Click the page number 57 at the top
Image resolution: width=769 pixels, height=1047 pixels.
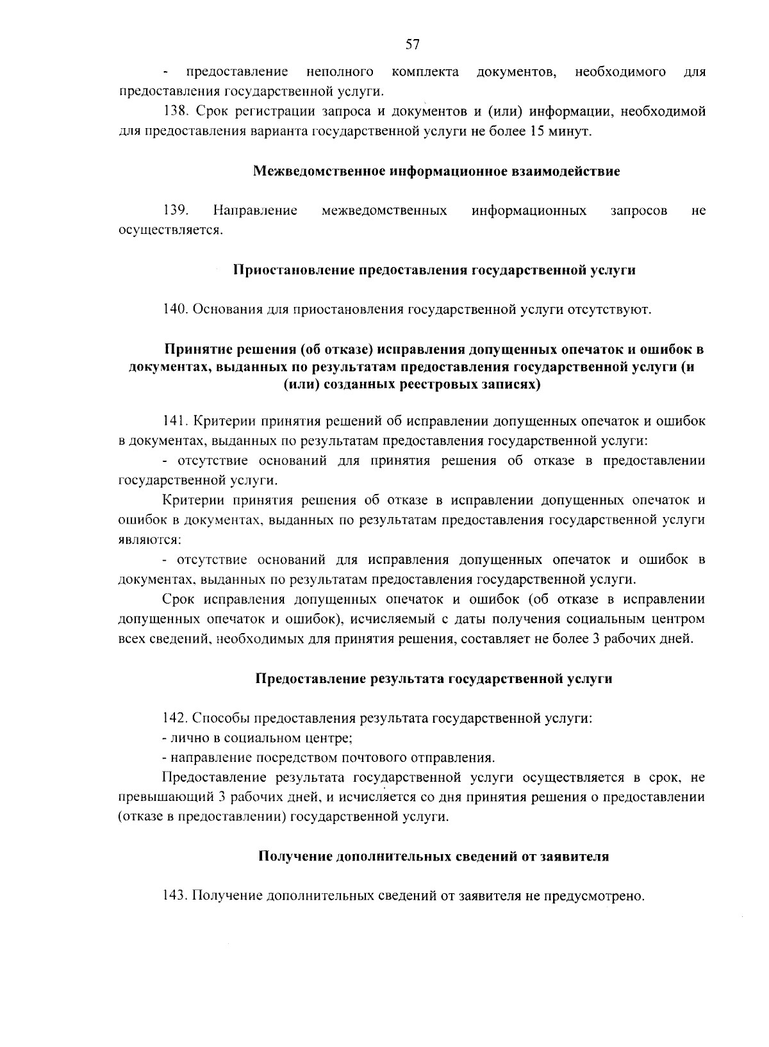(x=412, y=44)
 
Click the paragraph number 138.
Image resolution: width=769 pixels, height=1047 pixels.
(x=175, y=111)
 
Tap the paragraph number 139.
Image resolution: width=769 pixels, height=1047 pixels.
(x=175, y=210)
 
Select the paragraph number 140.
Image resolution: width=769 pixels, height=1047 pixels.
(x=175, y=309)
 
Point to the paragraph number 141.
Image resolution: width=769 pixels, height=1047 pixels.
(x=175, y=422)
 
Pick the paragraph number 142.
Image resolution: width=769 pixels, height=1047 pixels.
(x=175, y=718)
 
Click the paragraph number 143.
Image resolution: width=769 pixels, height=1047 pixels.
(x=175, y=895)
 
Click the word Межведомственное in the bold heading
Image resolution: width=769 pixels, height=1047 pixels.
(x=319, y=172)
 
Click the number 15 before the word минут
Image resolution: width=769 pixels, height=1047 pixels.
(x=537, y=132)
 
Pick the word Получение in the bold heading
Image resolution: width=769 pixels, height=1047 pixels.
(x=295, y=857)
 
